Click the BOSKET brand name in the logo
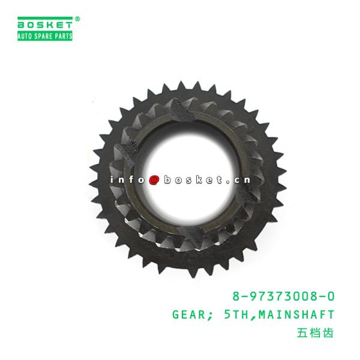pyautogui.click(x=45, y=25)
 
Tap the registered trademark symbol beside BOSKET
pyautogui.click(x=77, y=19)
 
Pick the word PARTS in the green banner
pyautogui.click(x=63, y=36)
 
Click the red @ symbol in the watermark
pyautogui.click(x=154, y=180)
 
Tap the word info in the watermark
pyautogui.click(x=127, y=179)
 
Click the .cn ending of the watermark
pyautogui.click(x=238, y=180)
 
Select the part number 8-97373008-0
pyautogui.click(x=283, y=296)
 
